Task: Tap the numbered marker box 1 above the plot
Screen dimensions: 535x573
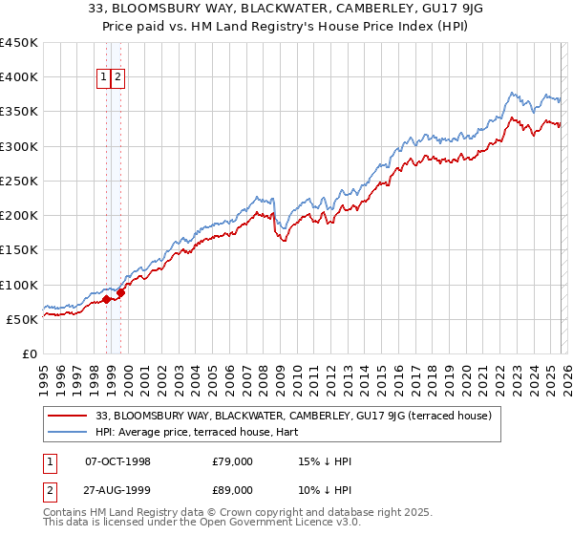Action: (x=102, y=78)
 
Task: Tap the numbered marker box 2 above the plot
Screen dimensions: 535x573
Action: (x=117, y=78)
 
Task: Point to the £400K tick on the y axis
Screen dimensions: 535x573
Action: (x=19, y=77)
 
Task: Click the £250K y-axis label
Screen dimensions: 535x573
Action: (x=19, y=181)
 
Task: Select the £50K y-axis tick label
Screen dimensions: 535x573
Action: (x=22, y=319)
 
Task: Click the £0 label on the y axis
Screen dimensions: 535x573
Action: (x=29, y=353)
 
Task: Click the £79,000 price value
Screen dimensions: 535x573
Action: (x=232, y=461)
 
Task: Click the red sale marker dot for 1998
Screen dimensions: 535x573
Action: (x=106, y=299)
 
